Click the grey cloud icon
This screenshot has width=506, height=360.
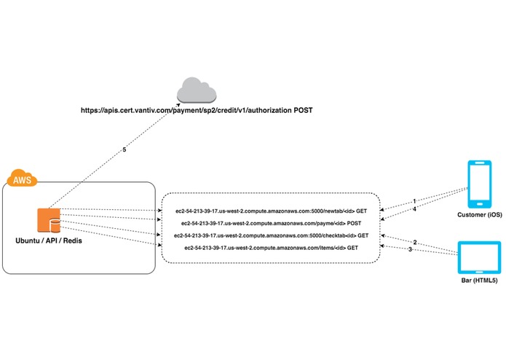coord(197,90)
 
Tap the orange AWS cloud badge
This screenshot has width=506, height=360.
coord(22,178)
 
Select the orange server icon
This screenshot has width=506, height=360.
coord(49,221)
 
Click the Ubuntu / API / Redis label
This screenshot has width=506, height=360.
coord(49,241)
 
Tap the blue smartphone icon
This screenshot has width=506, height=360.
coord(480,184)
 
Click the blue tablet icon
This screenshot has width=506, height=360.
coord(480,258)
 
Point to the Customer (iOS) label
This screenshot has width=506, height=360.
coord(480,215)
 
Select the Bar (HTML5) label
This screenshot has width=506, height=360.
coord(479,281)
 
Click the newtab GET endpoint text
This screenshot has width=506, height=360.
coord(271,211)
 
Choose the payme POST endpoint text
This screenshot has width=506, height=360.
coord(271,224)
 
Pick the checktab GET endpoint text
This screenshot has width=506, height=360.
coord(271,235)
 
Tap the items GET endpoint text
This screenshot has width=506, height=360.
coord(271,248)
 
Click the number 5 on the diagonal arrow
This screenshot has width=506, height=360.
coord(124,150)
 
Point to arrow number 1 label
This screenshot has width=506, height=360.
coord(415,201)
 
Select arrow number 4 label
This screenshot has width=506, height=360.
coord(415,209)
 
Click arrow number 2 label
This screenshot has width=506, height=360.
coord(415,242)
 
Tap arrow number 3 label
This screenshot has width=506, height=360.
coord(410,249)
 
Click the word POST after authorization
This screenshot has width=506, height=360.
coord(303,111)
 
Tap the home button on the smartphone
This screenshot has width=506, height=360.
coord(480,204)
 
